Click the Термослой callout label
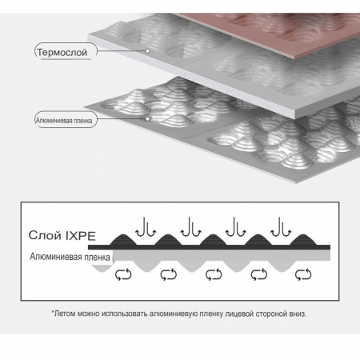coord(62,52)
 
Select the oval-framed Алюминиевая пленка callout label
coord(64,121)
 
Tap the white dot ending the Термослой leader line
coord(147,50)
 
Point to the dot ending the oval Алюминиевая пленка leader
coord(147,118)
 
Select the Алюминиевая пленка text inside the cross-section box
coord(70,257)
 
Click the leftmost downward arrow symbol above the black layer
coord(146,227)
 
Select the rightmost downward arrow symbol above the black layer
coord(281,227)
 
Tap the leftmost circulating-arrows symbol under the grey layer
coord(123,274)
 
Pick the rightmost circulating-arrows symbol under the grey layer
coord(303,274)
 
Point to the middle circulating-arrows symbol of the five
coord(214,274)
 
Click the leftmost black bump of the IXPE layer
coord(123,240)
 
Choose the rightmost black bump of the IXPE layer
coord(303,240)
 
